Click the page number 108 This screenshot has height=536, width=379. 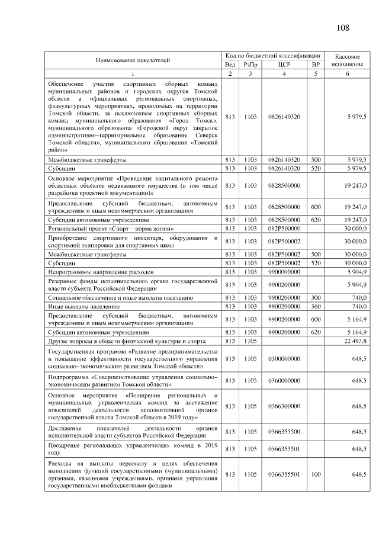tap(343, 28)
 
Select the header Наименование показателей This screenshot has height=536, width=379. tap(133, 60)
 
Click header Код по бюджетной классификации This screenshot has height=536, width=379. tap(272, 55)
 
